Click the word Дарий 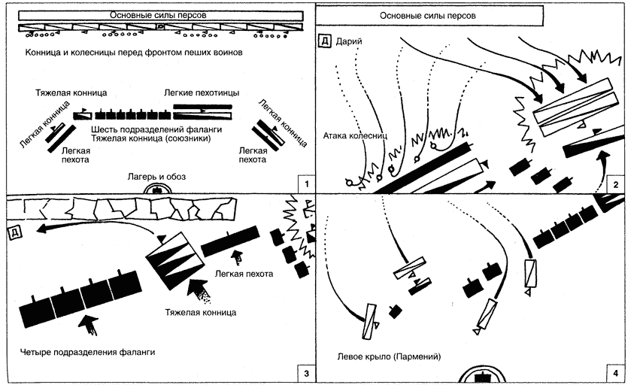pyautogui.click(x=350, y=41)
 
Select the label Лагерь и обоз pyautogui.click(x=156, y=176)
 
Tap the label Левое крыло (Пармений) pyautogui.click(x=390, y=356)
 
